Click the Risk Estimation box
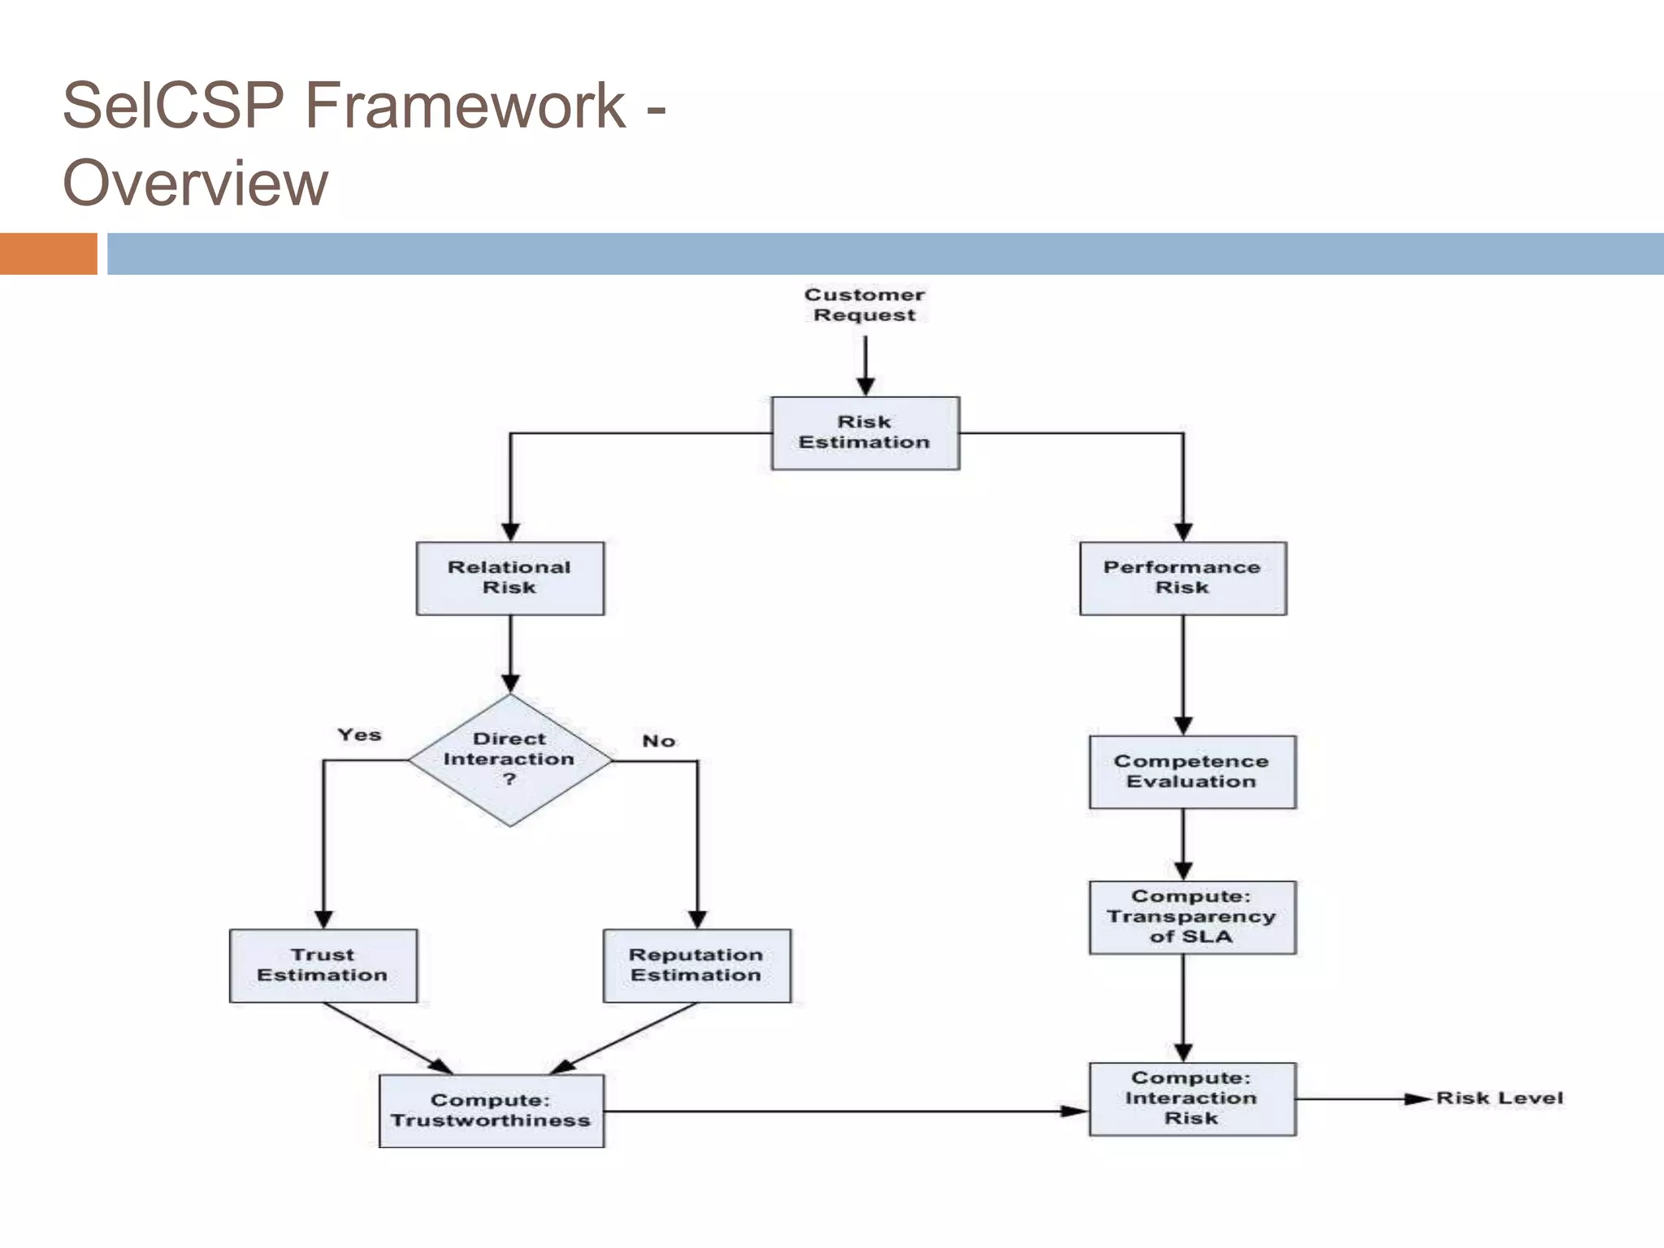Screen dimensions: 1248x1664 click(x=864, y=433)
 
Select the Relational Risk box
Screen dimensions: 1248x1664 click(x=509, y=578)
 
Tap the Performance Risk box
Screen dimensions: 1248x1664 click(x=1182, y=578)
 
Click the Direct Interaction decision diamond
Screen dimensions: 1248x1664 click(x=509, y=760)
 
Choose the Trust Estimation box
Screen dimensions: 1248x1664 click(x=323, y=965)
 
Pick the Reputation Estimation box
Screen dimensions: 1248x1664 click(x=696, y=965)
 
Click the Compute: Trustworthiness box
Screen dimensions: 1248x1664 click(x=491, y=1111)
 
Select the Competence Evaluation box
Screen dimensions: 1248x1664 click(x=1191, y=772)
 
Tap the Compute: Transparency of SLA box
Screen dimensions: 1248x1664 click(x=1191, y=917)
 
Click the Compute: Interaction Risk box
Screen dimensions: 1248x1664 click(x=1191, y=1098)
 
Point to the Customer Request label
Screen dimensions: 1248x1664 click(x=864, y=305)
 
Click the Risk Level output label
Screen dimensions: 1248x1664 click(x=1499, y=1098)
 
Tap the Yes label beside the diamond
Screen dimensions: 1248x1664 click(x=359, y=734)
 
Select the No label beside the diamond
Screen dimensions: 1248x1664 click(x=658, y=741)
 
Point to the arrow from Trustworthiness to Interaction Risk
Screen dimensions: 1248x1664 click(x=845, y=1111)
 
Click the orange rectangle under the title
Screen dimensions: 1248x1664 click(x=48, y=253)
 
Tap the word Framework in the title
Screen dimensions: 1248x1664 click(x=465, y=106)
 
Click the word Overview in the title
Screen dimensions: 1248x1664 click(x=195, y=184)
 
